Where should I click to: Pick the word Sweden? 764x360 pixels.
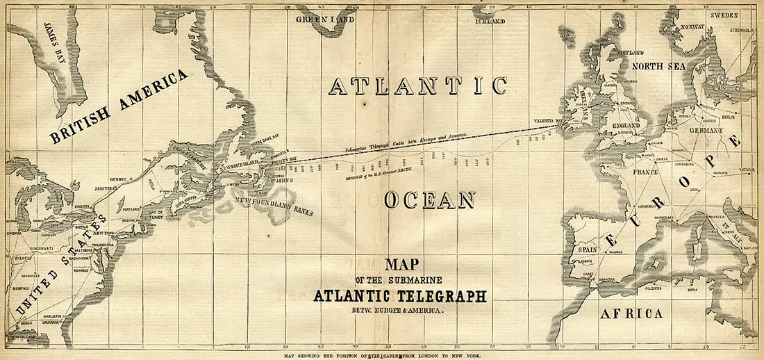coord(725,15)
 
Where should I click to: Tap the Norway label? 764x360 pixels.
coord(692,27)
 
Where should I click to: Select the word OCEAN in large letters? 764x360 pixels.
coord(429,201)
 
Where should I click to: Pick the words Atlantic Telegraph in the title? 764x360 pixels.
coord(399,295)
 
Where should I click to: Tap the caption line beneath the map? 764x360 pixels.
coord(381,354)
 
